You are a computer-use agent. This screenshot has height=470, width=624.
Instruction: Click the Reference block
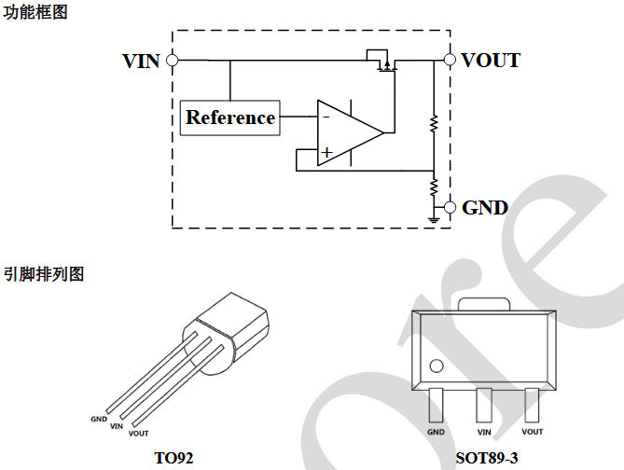pyautogui.click(x=229, y=117)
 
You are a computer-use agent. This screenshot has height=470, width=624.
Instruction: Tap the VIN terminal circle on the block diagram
pyautogui.click(x=172, y=61)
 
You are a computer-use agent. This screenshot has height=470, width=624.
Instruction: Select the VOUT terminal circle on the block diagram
pyautogui.click(x=450, y=61)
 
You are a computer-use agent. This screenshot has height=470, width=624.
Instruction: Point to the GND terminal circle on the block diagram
pyautogui.click(x=450, y=207)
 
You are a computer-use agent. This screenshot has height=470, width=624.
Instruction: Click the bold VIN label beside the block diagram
pyautogui.click(x=141, y=62)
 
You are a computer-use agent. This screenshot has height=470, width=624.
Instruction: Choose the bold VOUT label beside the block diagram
pyautogui.click(x=491, y=62)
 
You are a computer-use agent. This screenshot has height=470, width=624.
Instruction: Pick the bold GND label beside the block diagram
pyautogui.click(x=485, y=207)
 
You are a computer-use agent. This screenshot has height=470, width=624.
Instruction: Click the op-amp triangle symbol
pyautogui.click(x=347, y=132)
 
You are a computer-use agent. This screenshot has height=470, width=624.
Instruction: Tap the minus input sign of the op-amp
pyautogui.click(x=326, y=117)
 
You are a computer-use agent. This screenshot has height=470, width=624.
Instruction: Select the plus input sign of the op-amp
pyautogui.click(x=326, y=151)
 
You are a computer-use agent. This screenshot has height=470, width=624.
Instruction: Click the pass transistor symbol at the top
pyautogui.click(x=381, y=63)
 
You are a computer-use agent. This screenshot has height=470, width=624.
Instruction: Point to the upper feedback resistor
pyautogui.click(x=434, y=122)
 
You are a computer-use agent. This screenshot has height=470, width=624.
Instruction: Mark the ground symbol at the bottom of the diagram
pyautogui.click(x=434, y=220)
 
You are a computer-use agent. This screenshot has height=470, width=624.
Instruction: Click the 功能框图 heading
pyautogui.click(x=35, y=13)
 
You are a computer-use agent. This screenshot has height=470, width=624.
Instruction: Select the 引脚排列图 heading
pyautogui.click(x=43, y=274)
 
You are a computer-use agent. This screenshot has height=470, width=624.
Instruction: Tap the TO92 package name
pyautogui.click(x=173, y=458)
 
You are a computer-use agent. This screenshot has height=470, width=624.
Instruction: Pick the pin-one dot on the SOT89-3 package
pyautogui.click(x=436, y=365)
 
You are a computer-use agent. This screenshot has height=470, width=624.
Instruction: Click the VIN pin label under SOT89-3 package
pyautogui.click(x=484, y=432)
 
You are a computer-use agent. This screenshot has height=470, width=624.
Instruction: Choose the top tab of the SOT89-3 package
pyautogui.click(x=484, y=305)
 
